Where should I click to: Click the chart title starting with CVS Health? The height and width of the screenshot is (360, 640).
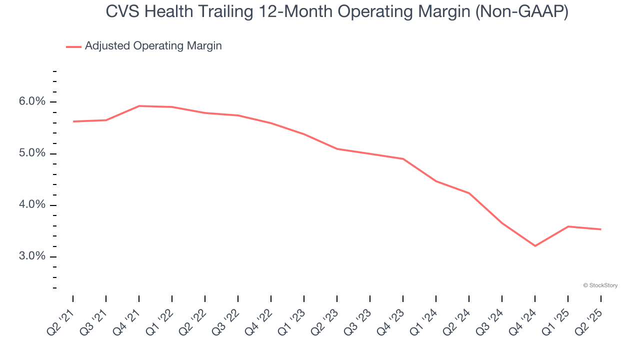click(x=337, y=12)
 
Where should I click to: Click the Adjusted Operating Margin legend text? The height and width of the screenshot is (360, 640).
click(x=153, y=46)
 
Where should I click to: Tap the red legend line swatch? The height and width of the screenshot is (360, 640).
click(x=73, y=46)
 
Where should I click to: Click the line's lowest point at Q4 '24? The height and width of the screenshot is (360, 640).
click(x=535, y=246)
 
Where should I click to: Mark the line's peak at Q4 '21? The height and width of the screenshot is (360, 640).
click(x=139, y=106)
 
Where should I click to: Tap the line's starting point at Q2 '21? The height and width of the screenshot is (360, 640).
click(x=73, y=121)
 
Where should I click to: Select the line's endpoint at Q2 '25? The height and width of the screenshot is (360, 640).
click(x=600, y=229)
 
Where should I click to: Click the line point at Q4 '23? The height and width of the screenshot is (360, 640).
click(x=403, y=159)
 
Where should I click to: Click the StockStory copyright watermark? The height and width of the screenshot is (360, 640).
click(x=600, y=285)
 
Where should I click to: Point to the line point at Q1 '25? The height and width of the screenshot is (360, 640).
click(x=568, y=226)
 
